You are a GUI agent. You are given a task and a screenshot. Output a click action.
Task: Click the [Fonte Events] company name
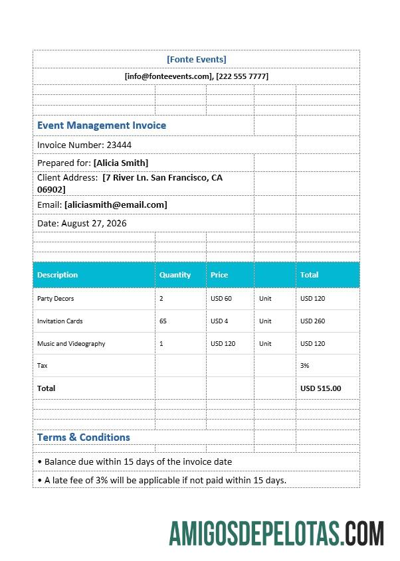[x=196, y=59]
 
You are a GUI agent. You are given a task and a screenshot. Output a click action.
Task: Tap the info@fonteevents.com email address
[x=167, y=76]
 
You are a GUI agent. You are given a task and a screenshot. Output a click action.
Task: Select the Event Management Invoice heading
[x=102, y=125]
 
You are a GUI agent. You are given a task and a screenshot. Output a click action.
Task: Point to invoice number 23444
[x=119, y=145]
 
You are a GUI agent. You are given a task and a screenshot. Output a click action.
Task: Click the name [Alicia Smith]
[x=121, y=163]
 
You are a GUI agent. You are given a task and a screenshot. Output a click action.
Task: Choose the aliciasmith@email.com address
[x=116, y=204]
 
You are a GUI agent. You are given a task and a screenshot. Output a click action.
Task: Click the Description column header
[x=58, y=275]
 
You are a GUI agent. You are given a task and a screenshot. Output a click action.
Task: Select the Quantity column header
[x=175, y=275]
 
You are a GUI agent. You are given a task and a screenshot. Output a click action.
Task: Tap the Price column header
[x=219, y=275]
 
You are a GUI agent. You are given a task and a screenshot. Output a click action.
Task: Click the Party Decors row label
[x=56, y=299]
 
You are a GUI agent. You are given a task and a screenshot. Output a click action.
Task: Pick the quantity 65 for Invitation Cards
[x=163, y=321]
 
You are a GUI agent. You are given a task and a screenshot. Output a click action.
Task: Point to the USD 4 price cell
[x=219, y=321]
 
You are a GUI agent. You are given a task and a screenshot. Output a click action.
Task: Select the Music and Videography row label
[x=71, y=344]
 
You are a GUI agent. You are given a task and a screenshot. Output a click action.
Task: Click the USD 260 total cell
[x=312, y=321]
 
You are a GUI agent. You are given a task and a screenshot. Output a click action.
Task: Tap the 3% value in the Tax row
[x=305, y=366]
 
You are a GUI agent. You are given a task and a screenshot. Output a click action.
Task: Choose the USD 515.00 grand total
[x=320, y=388]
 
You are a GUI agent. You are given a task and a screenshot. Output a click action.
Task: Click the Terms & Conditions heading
[x=84, y=437]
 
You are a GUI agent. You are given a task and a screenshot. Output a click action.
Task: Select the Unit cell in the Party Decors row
[x=265, y=299]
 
